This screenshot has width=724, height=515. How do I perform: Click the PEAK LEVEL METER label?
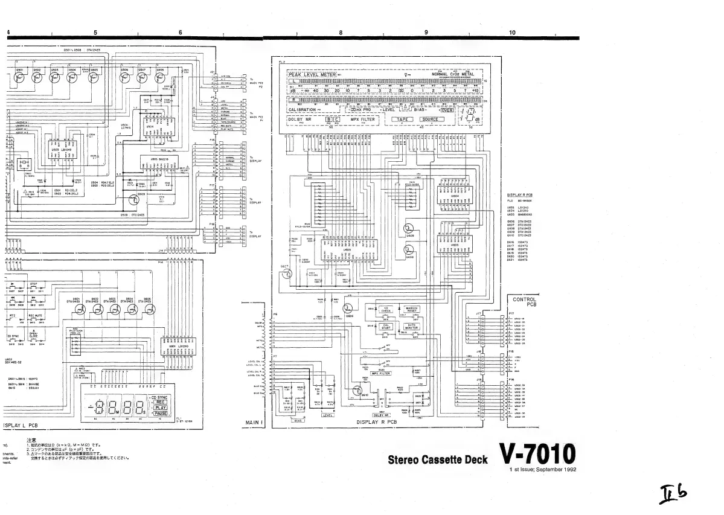312,74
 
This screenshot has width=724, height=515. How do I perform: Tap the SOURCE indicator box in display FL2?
430,120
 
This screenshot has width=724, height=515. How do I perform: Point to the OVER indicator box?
447,110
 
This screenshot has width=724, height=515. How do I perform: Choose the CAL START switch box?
386,326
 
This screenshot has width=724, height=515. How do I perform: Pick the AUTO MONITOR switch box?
412,326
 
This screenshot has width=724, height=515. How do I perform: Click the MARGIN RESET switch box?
412,310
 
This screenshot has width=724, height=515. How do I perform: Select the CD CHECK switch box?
386,310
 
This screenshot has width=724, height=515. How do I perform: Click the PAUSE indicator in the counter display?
161,414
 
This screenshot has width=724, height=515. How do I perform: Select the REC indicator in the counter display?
161,402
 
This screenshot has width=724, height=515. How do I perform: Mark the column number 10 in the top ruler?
512,33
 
